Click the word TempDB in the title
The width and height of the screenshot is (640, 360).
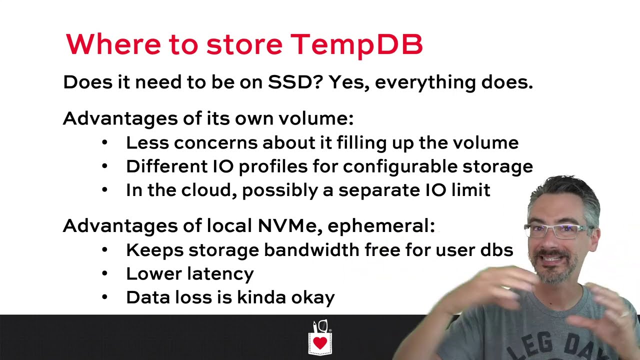pos(356,44)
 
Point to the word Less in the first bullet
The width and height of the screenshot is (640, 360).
pos(147,142)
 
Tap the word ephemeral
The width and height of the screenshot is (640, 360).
pos(381,226)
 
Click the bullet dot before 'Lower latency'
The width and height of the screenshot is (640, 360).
pos(104,273)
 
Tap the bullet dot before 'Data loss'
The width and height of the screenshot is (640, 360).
pos(104,297)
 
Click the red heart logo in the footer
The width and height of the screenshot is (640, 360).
pos(320,343)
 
